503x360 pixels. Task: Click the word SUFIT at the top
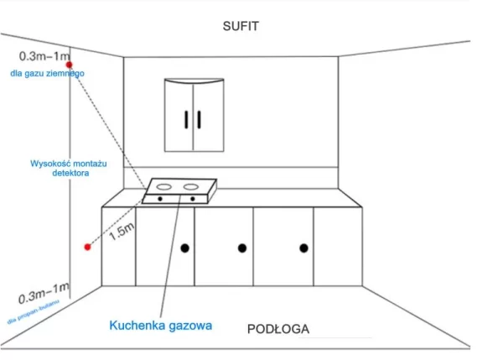[x=241, y=26]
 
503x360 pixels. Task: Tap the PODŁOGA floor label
[x=278, y=328]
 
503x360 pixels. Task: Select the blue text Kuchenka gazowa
[x=159, y=323]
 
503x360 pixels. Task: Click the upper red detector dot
[x=70, y=65]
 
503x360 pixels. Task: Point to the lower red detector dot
[x=86, y=247]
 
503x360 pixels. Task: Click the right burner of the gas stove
[x=193, y=185]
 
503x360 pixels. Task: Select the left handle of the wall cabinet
[x=184, y=118]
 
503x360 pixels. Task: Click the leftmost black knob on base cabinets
[x=184, y=248]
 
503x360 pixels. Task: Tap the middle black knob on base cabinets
[x=242, y=248]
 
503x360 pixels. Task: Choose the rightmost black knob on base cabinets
[x=303, y=248]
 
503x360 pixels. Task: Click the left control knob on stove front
[x=158, y=199]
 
